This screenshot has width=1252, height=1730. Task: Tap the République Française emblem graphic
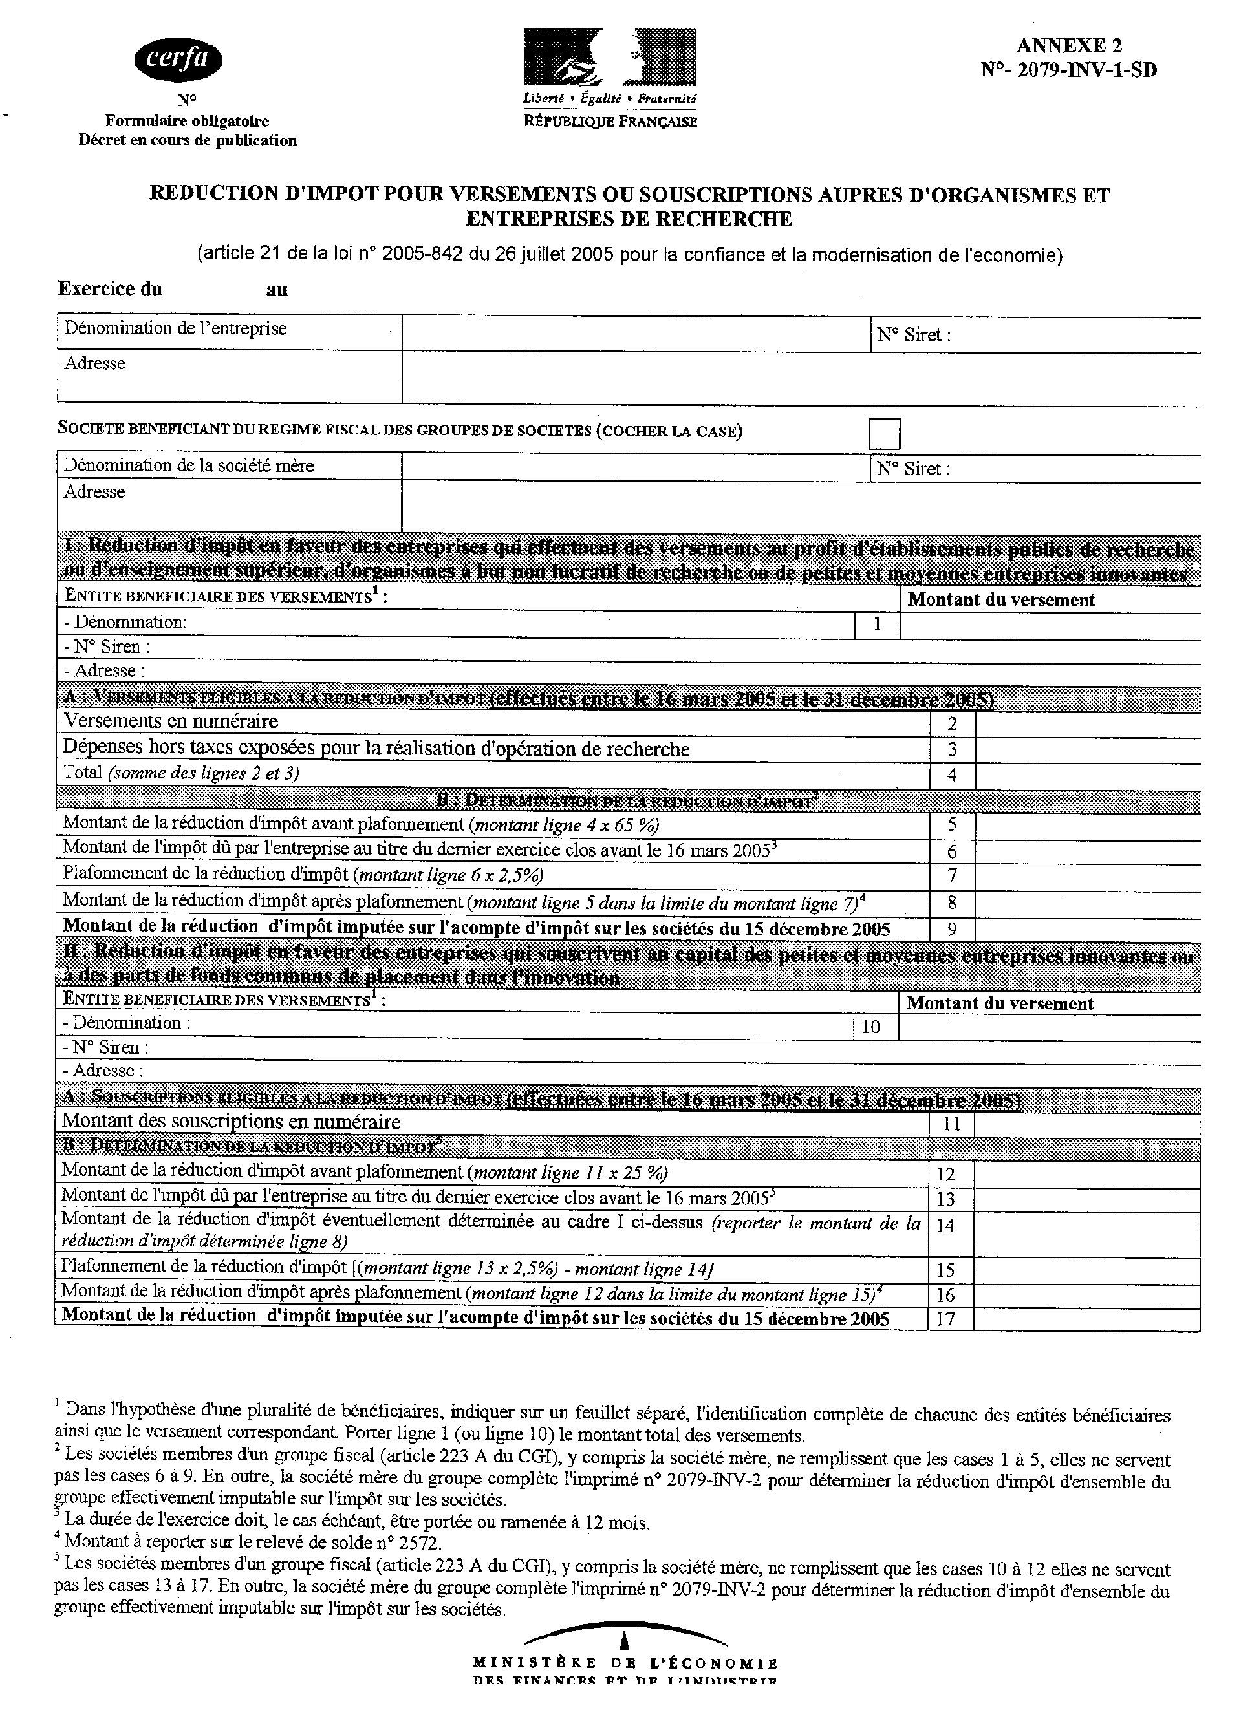[x=609, y=56]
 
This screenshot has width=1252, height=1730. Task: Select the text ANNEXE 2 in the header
[x=1068, y=47]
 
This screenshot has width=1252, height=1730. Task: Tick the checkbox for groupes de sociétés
[x=884, y=433]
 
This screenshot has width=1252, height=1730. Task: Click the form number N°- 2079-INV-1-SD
[x=1068, y=70]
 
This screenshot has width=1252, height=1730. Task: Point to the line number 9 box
[x=951, y=929]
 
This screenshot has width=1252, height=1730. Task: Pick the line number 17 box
[x=945, y=1318]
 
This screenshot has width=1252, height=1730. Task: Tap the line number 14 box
[x=945, y=1226]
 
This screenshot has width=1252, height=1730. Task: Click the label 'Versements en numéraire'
[x=171, y=721]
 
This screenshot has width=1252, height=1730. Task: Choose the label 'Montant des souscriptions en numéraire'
[x=231, y=1121]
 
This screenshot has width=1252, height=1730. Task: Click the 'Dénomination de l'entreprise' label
[x=175, y=329]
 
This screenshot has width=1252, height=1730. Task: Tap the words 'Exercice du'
[x=110, y=289]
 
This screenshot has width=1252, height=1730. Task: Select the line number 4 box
[x=951, y=775]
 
